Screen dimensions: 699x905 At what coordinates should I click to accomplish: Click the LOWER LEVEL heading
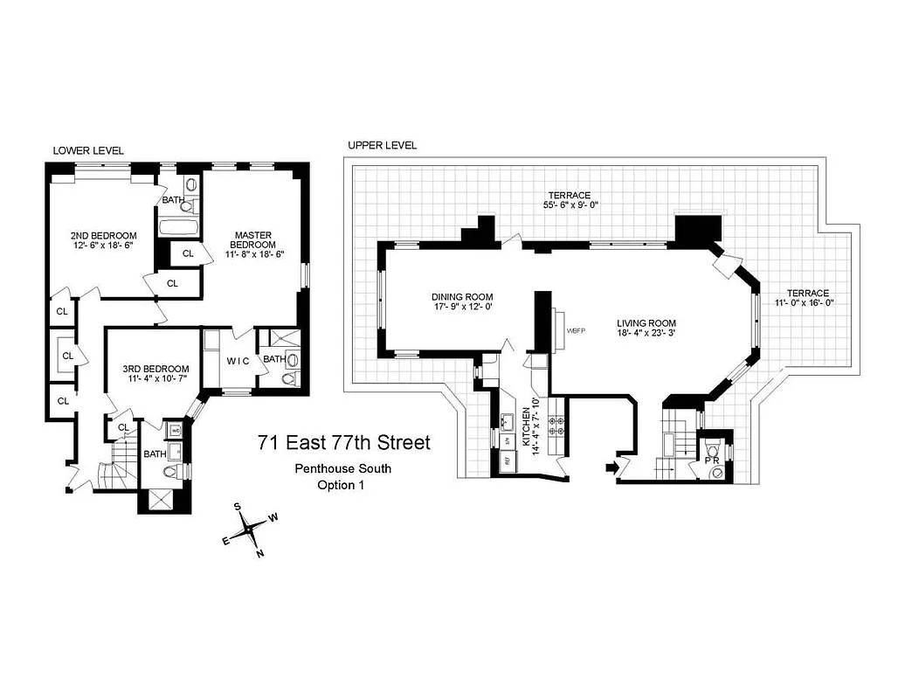(x=88, y=150)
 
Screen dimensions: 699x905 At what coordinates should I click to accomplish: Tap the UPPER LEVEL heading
(x=383, y=145)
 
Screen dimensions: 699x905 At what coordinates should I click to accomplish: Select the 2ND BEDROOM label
(x=103, y=236)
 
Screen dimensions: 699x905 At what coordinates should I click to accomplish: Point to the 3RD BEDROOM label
(x=155, y=369)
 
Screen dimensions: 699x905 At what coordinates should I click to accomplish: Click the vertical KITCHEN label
(x=526, y=427)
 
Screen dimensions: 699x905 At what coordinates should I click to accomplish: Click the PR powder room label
(x=714, y=460)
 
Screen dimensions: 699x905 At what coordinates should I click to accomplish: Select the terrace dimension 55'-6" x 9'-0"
(x=569, y=204)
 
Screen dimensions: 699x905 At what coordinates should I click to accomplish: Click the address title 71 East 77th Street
(x=343, y=443)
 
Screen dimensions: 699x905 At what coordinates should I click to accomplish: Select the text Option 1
(x=341, y=485)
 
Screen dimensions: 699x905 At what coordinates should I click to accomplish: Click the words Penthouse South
(x=342, y=469)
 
